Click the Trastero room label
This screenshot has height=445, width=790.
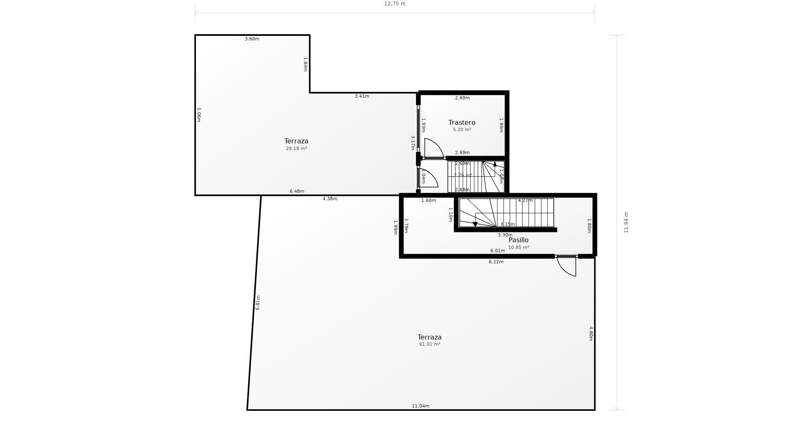click(462, 122)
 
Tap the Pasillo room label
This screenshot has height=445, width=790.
click(518, 240)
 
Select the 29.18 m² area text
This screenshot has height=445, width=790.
click(296, 148)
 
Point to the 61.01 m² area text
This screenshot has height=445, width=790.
click(430, 344)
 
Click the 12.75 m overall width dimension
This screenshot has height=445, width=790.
click(395, 4)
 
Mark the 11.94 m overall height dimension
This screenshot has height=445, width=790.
click(626, 222)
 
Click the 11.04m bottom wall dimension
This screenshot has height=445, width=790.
click(421, 406)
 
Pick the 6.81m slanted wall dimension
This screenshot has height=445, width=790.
click(258, 302)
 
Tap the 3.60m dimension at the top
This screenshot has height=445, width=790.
click(252, 39)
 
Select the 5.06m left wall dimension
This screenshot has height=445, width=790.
click(199, 115)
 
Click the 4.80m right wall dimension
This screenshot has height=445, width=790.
click(591, 334)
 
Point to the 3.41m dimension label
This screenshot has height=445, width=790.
click(362, 96)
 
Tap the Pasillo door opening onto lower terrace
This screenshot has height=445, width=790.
click(567, 266)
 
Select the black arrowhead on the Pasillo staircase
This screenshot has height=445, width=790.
click(475, 225)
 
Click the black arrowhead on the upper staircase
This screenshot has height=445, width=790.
click(495, 164)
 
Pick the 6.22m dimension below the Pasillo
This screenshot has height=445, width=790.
click(496, 262)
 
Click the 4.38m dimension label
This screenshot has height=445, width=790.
click(330, 199)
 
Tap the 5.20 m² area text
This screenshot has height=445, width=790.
click(462, 129)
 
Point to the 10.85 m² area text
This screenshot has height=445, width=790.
click(518, 247)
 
